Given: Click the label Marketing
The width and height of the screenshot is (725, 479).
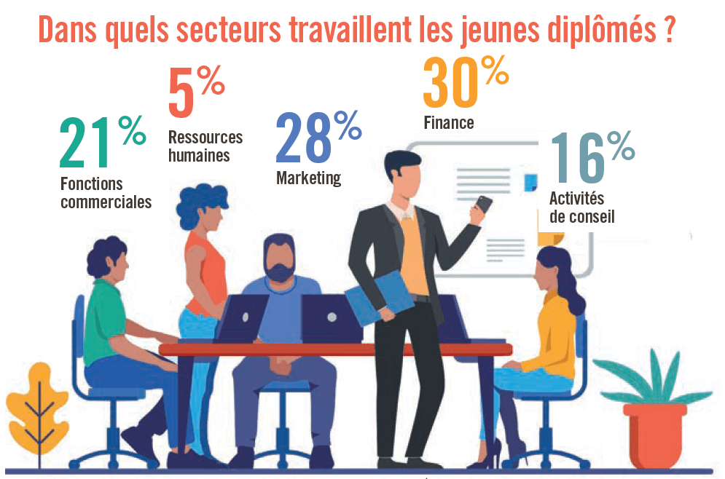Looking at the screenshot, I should [x=308, y=178].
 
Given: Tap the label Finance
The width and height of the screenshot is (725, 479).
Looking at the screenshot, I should [x=449, y=122].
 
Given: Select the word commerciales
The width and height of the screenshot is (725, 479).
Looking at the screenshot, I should [x=106, y=202].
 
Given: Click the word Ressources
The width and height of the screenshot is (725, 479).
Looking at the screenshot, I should [x=205, y=138].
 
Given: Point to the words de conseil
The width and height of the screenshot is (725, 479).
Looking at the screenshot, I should [x=582, y=216].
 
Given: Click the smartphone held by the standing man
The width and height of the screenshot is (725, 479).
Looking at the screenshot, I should [x=482, y=203].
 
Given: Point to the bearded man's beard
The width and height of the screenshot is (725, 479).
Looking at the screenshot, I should [x=281, y=271].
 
